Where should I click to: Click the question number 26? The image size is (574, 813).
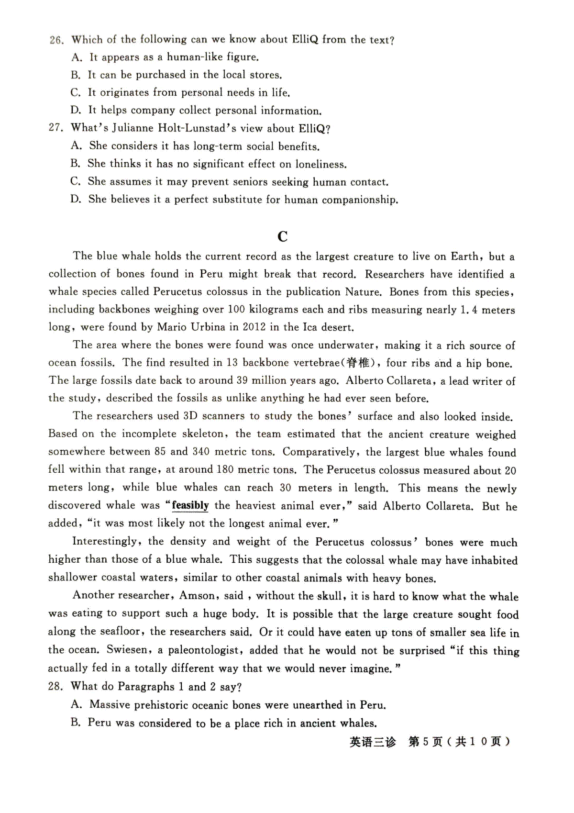tap(56, 40)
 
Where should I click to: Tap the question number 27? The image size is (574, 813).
tap(55, 128)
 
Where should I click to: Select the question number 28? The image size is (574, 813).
tap(55, 687)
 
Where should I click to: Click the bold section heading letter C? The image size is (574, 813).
tap(282, 236)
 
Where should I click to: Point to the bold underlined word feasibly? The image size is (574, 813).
tap(190, 506)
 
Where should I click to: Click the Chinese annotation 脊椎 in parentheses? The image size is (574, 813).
tap(358, 363)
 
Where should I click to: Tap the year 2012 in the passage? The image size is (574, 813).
tap(254, 327)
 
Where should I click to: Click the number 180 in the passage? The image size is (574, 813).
tap(225, 469)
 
